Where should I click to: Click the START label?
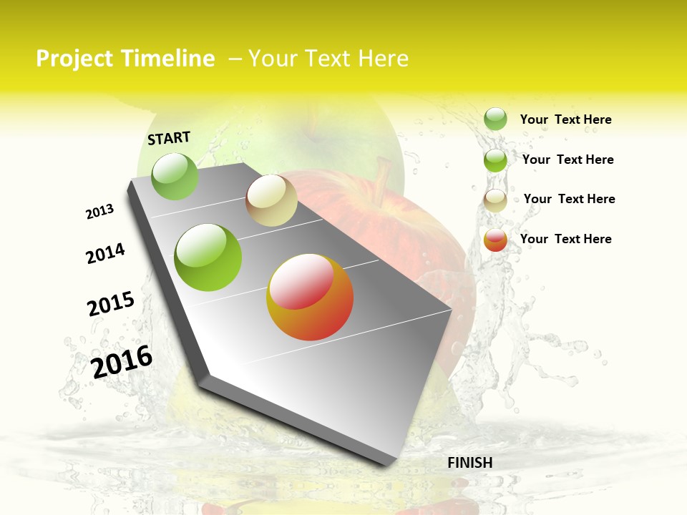pyautogui.click(x=169, y=138)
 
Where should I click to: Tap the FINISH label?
pyautogui.click(x=469, y=463)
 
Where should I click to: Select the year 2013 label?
pyautogui.click(x=99, y=212)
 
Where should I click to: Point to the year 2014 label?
pyautogui.click(x=105, y=253)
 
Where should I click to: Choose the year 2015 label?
pyautogui.click(x=110, y=303)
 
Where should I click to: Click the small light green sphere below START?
pyautogui.click(x=175, y=176)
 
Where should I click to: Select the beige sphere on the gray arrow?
pyautogui.click(x=271, y=200)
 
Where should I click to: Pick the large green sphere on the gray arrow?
pyautogui.click(x=208, y=257)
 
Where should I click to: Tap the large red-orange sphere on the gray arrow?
pyautogui.click(x=310, y=297)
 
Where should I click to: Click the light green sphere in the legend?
pyautogui.click(x=495, y=119)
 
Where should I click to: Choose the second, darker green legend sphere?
pyautogui.click(x=495, y=160)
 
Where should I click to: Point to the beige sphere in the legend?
pyautogui.click(x=495, y=200)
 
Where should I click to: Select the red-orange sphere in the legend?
pyautogui.click(x=495, y=240)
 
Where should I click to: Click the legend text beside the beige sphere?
pyautogui.click(x=569, y=199)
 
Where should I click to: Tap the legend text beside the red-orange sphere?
pyautogui.click(x=565, y=239)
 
